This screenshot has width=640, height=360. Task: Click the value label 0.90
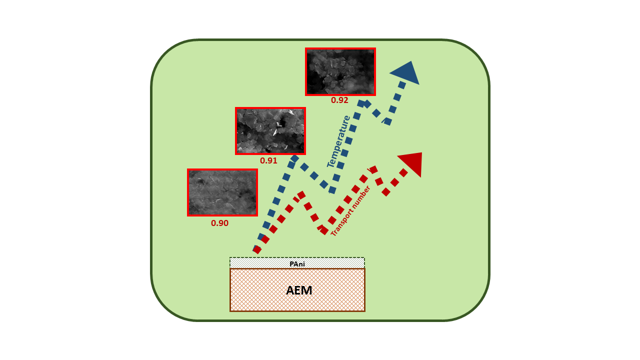219,223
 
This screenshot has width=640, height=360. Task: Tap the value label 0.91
268,161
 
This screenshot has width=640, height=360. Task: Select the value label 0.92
339,100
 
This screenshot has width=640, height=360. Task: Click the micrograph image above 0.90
222,192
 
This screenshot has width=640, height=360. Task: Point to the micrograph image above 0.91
270,131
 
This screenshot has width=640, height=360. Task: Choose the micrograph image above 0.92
340,71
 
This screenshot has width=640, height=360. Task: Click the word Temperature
338,141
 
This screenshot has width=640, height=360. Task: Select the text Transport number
350,211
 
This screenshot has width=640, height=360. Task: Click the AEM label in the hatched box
299,290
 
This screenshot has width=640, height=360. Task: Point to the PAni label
297,263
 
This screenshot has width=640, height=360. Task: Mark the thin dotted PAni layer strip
330,263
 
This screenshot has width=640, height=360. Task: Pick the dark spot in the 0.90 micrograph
200,182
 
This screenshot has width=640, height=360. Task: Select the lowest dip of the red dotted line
324,230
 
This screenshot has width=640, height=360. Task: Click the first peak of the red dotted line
301,194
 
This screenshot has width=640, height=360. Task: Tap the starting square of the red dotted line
257,249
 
